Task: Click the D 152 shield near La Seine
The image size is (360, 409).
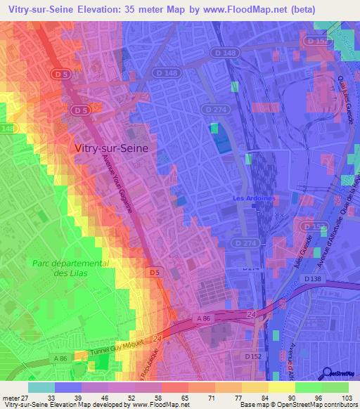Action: click(317, 41)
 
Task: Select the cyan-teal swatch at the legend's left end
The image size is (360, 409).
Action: click(41, 387)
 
